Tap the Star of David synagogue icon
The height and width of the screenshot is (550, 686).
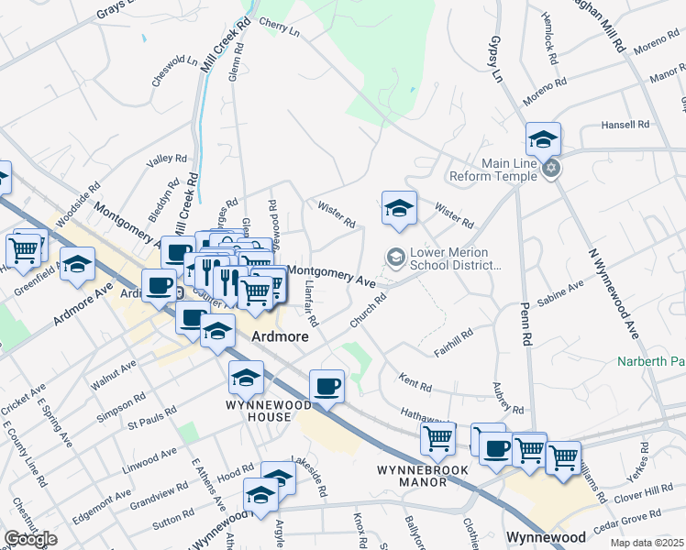[x=550, y=169]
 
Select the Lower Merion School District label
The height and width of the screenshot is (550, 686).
[x=456, y=258]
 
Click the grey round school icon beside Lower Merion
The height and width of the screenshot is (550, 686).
[x=396, y=258]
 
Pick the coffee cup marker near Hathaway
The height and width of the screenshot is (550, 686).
[x=326, y=386]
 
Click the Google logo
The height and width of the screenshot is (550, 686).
[x=31, y=538]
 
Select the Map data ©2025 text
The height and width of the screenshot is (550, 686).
[x=647, y=543]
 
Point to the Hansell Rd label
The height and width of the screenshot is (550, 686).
[x=625, y=124]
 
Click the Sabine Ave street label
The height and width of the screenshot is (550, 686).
[x=559, y=293]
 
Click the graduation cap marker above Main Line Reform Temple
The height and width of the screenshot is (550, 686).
[x=543, y=140]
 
